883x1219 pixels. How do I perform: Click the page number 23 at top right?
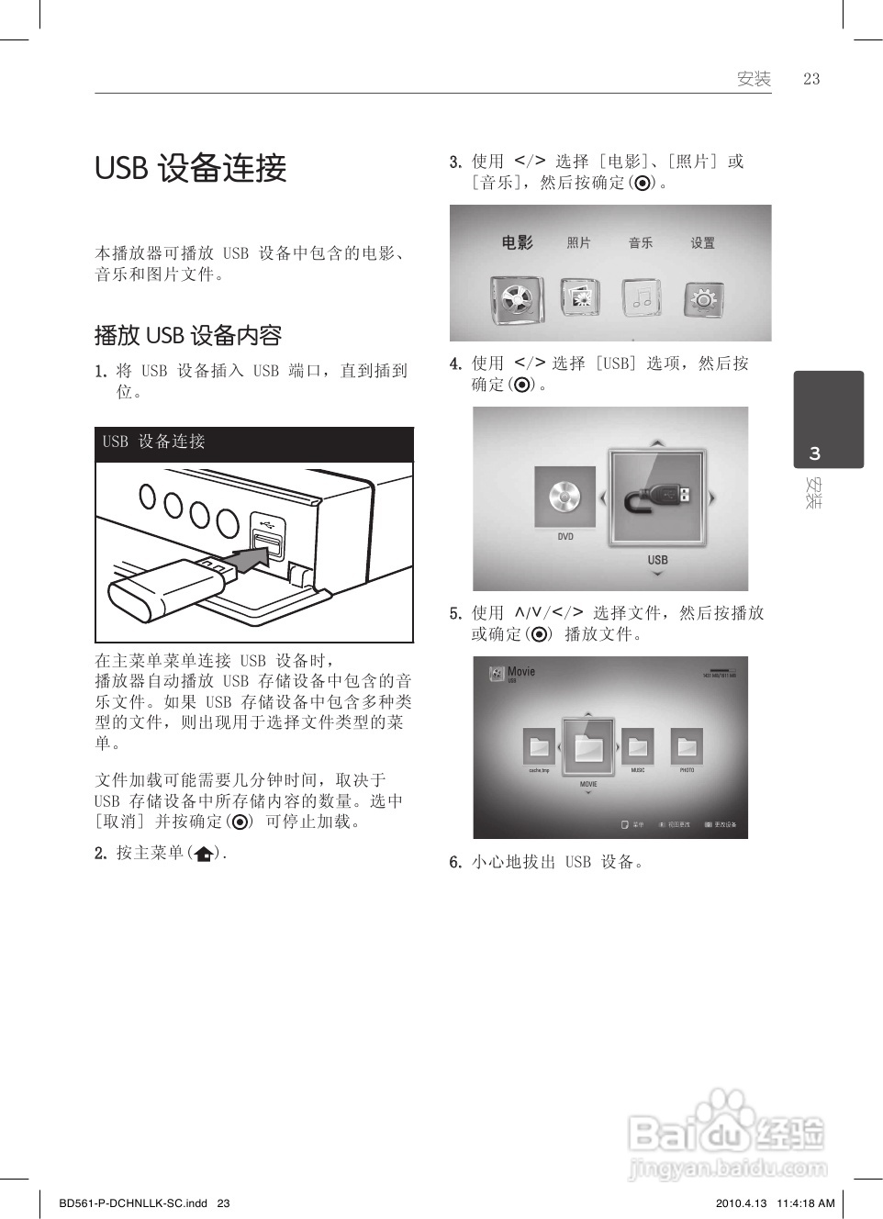(810, 79)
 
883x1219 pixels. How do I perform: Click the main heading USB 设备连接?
(191, 169)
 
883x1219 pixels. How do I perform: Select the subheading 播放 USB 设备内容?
(188, 335)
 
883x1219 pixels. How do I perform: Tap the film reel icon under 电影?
(517, 297)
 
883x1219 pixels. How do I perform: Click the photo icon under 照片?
(579, 297)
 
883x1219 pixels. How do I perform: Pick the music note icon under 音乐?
(641, 297)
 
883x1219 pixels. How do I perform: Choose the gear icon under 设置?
(704, 298)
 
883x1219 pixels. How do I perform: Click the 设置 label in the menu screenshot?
(703, 243)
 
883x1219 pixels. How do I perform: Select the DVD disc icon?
(564, 498)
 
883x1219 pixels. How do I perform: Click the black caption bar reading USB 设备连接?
(254, 442)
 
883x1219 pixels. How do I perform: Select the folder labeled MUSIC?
(637, 747)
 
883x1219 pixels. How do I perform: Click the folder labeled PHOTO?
(687, 747)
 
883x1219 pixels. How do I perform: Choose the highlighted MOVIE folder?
(588, 747)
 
